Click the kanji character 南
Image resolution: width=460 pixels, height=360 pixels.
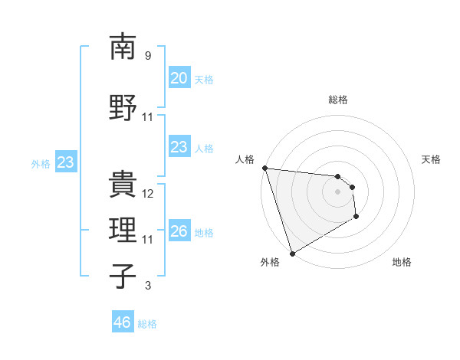coord(123,47)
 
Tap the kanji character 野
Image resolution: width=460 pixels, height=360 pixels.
coord(123,107)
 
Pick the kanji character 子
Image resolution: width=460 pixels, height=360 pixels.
coord(123,276)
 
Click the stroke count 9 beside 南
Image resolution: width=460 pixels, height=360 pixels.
coord(148,56)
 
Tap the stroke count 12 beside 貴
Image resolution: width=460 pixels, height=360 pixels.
coord(148,194)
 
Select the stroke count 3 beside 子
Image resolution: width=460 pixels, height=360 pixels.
coord(148,286)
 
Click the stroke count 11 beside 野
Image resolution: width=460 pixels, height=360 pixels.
coord(148,117)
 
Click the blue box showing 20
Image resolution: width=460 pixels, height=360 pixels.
coord(179,78)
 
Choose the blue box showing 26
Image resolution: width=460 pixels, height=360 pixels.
coord(179,231)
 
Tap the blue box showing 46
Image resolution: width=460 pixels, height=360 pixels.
coord(122,322)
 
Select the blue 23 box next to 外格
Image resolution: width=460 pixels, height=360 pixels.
coord(65,162)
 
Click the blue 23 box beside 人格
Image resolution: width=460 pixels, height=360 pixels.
coord(179,147)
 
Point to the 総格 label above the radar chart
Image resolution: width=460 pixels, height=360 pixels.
coord(338,100)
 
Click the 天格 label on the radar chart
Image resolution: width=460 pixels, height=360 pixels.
coord(432,159)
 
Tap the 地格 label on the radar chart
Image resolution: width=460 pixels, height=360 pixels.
coord(402,262)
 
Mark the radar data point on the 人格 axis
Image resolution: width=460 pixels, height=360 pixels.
coord(264,168)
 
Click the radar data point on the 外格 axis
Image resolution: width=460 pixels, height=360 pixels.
coord(292,253)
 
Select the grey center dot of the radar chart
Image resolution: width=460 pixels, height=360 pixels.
coord(338,191)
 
